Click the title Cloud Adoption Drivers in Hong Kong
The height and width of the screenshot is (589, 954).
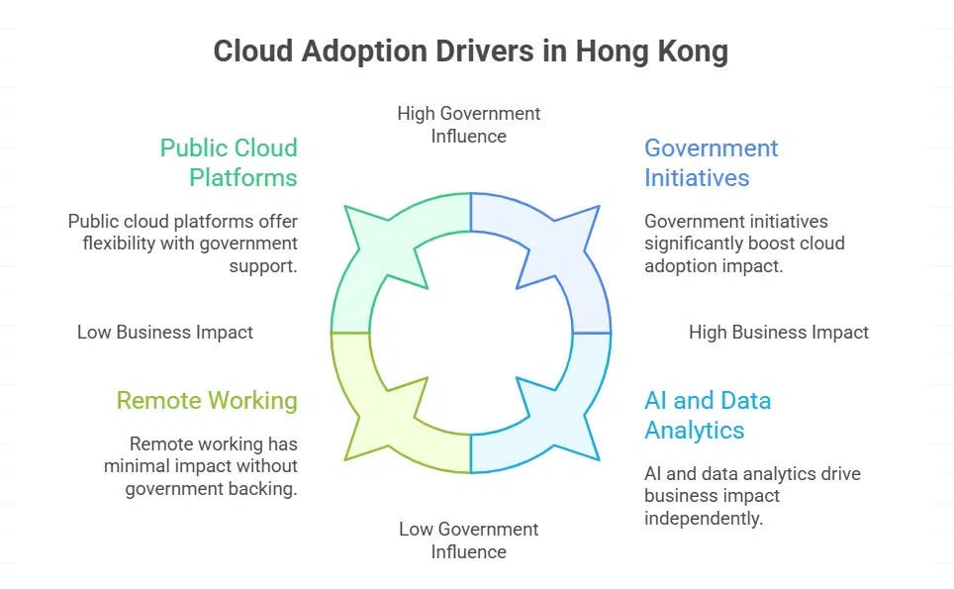[x=471, y=51]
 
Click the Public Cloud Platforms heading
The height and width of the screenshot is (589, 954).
[x=229, y=163]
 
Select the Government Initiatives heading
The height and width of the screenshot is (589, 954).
[x=711, y=163]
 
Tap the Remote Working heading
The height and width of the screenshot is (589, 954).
[x=207, y=401]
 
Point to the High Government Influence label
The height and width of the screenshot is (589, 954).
[x=469, y=125]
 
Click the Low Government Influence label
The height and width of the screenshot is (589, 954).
[x=469, y=540]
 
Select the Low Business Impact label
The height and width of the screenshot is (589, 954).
[x=165, y=333]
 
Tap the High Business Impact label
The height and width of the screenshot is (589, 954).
[x=779, y=333]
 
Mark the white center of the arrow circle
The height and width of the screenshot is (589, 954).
[x=471, y=333]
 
